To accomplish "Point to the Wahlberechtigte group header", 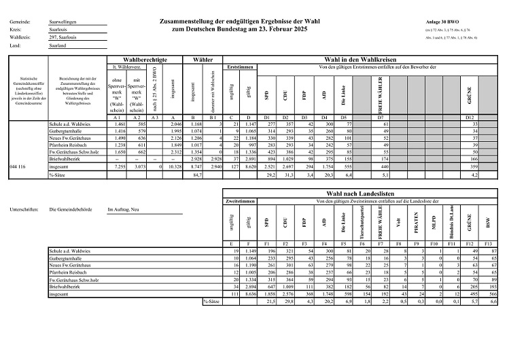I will pos(143,60).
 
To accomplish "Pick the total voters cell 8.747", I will pos(195,166).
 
